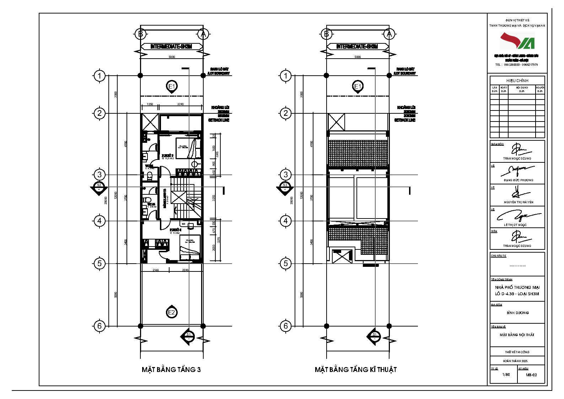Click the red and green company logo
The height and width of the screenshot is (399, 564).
(517, 41)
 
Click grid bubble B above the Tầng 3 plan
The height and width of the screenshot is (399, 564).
(141, 34)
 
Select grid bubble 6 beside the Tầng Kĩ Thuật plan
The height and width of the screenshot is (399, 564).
(285, 326)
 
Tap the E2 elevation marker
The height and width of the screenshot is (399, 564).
(172, 312)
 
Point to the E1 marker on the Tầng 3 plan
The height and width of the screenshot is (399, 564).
(172, 86)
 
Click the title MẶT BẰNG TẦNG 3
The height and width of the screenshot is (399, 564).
(171, 370)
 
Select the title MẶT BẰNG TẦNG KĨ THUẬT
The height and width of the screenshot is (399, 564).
(355, 370)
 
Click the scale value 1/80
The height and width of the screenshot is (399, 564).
(506, 374)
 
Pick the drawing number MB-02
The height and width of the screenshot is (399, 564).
(532, 375)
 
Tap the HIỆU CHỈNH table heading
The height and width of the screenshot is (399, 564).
(517, 81)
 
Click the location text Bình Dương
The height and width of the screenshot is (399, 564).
(517, 313)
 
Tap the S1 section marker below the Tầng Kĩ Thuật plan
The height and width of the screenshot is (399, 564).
(374, 336)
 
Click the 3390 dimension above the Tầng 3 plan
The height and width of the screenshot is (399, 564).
(180, 104)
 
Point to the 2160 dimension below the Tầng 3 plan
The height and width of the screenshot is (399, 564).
(155, 270)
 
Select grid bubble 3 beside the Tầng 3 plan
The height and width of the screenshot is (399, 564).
(99, 175)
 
